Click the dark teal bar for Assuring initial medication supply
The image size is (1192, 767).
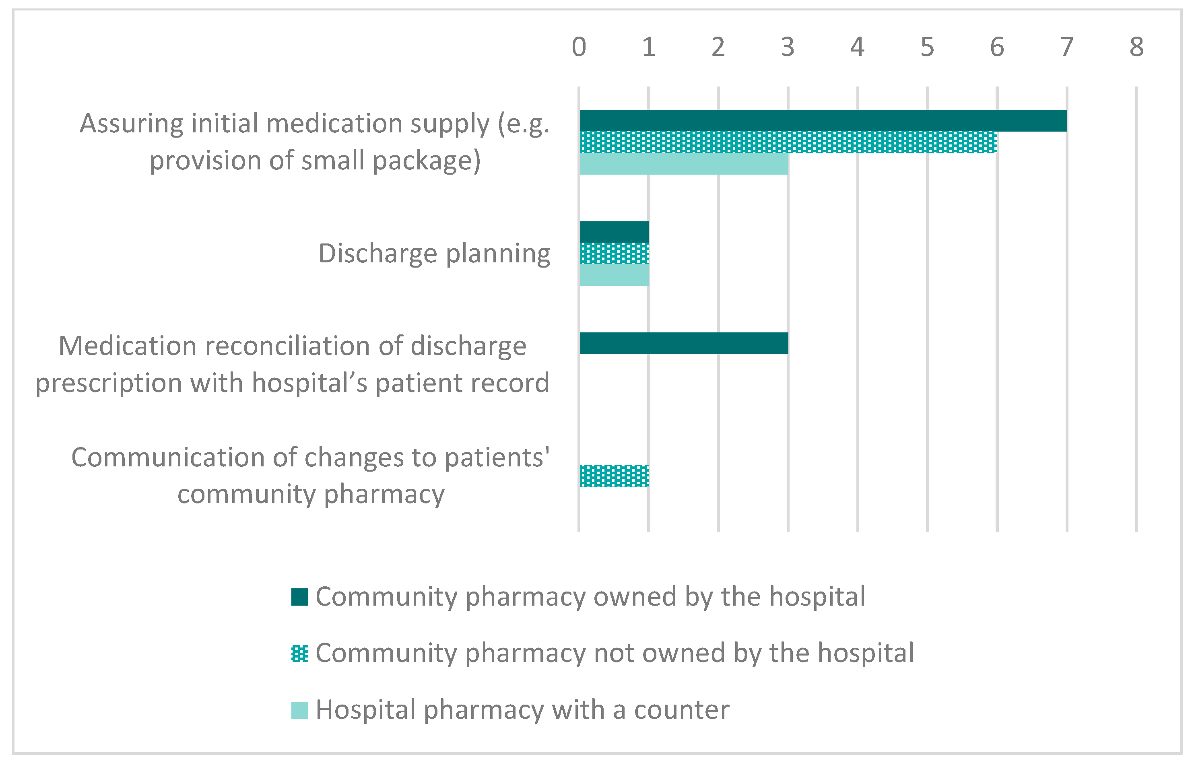(x=823, y=121)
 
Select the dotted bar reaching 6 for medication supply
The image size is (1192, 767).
(x=788, y=142)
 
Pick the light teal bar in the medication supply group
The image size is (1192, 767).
(x=683, y=164)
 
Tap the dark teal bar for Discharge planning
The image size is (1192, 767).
(x=614, y=232)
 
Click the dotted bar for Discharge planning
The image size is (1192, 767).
(x=614, y=253)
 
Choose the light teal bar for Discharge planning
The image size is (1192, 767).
(x=614, y=275)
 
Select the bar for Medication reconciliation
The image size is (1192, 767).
(x=683, y=343)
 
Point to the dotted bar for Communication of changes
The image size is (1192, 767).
(x=614, y=476)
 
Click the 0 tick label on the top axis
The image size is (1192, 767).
(x=579, y=47)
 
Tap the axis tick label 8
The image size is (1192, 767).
(x=1136, y=47)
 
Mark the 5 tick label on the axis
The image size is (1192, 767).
(x=927, y=47)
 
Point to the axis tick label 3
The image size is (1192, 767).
(x=788, y=47)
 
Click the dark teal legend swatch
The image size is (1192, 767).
(x=299, y=597)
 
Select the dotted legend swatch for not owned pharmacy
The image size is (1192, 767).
(x=299, y=654)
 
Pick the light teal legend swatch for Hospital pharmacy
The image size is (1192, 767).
(x=299, y=710)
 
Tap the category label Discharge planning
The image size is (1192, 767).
(x=434, y=254)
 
